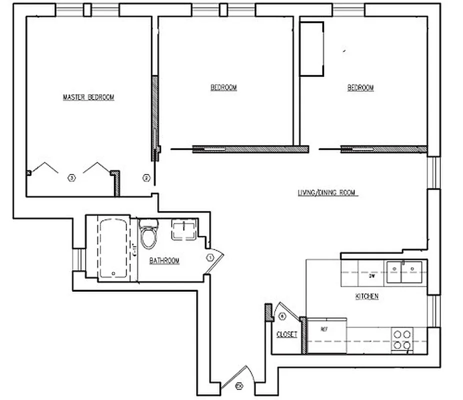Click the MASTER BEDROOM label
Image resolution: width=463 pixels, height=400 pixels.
[88, 97]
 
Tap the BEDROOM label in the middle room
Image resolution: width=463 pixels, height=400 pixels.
[223, 87]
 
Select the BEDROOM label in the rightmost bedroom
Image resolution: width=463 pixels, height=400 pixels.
[360, 87]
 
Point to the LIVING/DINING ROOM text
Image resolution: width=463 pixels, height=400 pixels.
[327, 192]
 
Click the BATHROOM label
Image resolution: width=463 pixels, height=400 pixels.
[164, 260]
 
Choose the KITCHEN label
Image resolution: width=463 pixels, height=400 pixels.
[366, 296]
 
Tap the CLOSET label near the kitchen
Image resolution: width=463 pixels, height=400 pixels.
[286, 334]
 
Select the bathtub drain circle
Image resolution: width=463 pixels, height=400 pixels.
[113, 273]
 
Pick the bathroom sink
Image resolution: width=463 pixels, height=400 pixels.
[184, 230]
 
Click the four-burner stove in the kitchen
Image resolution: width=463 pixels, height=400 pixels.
[402, 339]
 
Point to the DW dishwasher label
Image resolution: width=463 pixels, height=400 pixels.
[371, 275]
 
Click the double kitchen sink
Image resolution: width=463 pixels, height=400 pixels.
[405, 272]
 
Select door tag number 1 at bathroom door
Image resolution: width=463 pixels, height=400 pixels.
[210, 257]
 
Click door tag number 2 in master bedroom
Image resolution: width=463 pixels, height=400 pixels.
[146, 177]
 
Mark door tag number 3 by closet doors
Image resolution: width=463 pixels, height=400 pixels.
[71, 177]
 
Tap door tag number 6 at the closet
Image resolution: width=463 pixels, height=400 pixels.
[282, 315]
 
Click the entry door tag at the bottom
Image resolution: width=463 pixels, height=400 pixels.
[238, 385]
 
